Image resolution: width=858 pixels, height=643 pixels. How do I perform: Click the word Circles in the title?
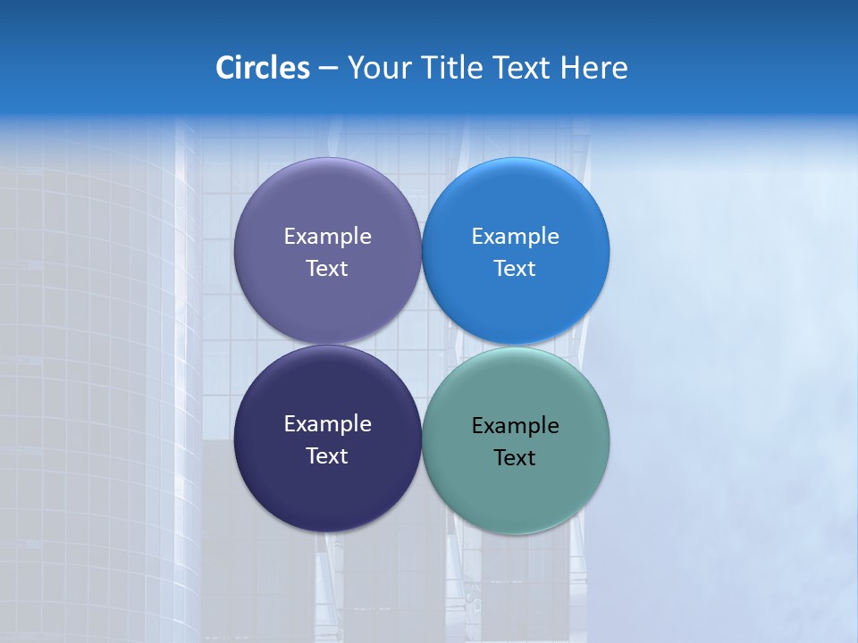pyautogui.click(x=263, y=68)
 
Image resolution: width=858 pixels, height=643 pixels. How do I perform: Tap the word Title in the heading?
pyautogui.click(x=452, y=68)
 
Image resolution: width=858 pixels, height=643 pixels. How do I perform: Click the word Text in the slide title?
pyautogui.click(x=522, y=68)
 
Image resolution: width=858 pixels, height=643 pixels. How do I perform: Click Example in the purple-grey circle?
pyautogui.click(x=327, y=237)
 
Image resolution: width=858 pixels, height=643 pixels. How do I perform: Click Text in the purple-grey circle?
pyautogui.click(x=327, y=269)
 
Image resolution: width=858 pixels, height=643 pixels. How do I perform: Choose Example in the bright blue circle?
pyautogui.click(x=515, y=237)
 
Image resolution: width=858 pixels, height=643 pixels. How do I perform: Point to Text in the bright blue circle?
pyautogui.click(x=515, y=269)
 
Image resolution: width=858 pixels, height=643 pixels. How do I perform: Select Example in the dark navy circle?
pyautogui.click(x=327, y=424)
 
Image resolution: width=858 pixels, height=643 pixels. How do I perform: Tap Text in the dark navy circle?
pyautogui.click(x=327, y=456)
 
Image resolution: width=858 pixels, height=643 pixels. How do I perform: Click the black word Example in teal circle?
pyautogui.click(x=515, y=426)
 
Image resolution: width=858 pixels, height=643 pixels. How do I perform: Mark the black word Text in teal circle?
pyautogui.click(x=515, y=458)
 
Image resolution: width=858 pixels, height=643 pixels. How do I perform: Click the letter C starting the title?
pyautogui.click(x=225, y=68)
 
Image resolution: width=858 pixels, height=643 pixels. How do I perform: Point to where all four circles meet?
pyautogui.click(x=422, y=346)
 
